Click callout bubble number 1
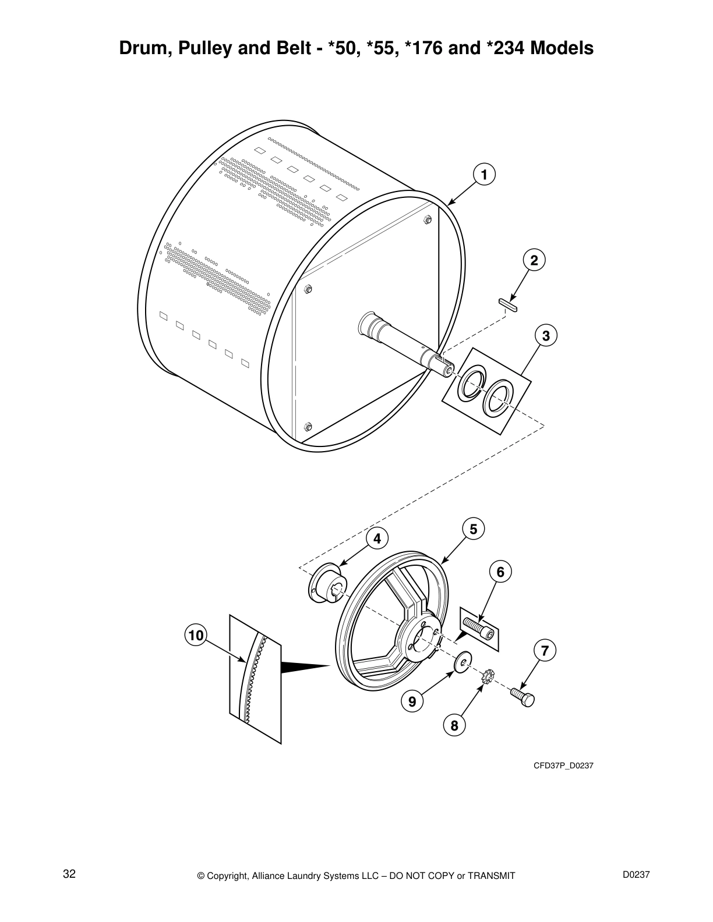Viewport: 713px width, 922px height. tap(483, 174)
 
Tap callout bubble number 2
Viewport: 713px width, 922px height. tap(533, 260)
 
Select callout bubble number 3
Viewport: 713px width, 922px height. tap(545, 336)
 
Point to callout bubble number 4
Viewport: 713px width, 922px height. tap(377, 539)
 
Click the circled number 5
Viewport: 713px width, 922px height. tap(473, 529)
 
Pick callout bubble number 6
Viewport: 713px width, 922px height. tap(500, 572)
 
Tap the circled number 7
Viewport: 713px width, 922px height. tap(544, 651)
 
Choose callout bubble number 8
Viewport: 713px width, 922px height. tap(454, 725)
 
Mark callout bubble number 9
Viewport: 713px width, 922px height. tap(412, 702)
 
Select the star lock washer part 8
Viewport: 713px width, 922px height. tap(488, 678)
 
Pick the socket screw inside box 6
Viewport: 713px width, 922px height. tap(479, 627)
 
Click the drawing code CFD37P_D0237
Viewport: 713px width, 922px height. tap(563, 765)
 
